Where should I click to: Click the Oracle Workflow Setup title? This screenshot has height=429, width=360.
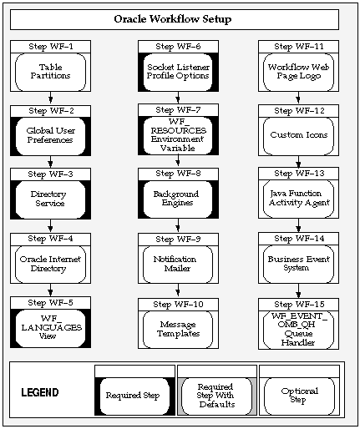[x=173, y=19]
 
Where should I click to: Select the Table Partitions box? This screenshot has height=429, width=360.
[x=51, y=71]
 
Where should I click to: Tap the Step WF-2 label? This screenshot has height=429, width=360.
[x=51, y=109]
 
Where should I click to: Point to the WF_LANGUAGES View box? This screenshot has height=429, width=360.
[x=51, y=327]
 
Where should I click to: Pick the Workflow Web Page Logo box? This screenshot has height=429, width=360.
[x=299, y=71]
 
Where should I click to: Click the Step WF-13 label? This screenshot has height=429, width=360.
[x=299, y=174]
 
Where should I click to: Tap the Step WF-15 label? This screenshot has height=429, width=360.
[x=299, y=303]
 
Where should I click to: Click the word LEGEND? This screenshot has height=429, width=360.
[x=39, y=392]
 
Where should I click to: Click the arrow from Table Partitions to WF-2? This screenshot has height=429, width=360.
[x=51, y=98]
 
